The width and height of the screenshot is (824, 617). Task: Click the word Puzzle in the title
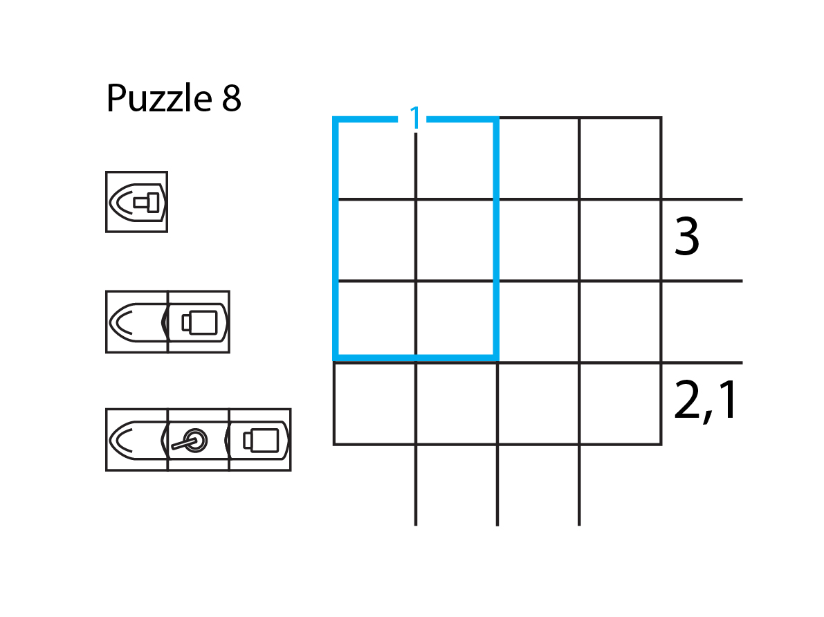[158, 99]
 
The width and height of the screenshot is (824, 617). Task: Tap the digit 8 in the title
[232, 99]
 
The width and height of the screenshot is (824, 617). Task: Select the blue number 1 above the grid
[414, 118]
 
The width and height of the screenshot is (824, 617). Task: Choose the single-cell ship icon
[136, 202]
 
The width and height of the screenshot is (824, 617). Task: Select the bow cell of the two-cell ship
[137, 322]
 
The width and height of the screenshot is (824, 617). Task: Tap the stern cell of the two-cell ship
[199, 322]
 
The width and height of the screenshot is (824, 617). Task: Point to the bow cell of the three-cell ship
[137, 440]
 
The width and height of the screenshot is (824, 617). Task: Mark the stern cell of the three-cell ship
[259, 440]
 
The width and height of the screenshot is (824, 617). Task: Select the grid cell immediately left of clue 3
[620, 240]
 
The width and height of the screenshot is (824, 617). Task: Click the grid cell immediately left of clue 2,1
[620, 403]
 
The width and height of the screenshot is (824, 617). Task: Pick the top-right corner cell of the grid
[620, 158]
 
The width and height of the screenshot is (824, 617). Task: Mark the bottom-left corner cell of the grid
[375, 403]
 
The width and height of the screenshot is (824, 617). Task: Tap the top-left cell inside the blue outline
[376, 160]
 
